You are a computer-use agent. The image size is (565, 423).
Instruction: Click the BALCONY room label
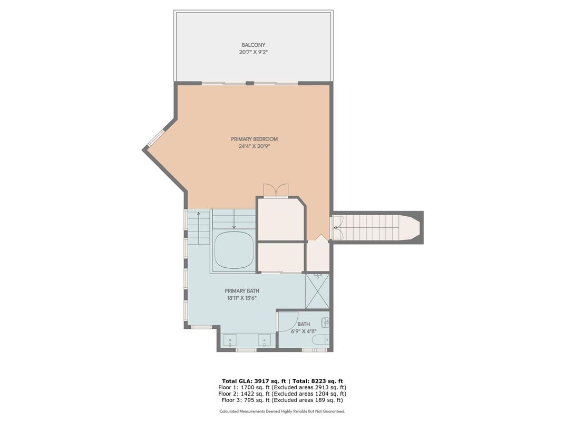click(254, 45)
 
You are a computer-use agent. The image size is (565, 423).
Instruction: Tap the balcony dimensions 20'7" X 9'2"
click(254, 52)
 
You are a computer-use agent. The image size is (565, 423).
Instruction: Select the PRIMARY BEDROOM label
click(255, 139)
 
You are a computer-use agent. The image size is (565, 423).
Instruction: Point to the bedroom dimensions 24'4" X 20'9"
click(255, 146)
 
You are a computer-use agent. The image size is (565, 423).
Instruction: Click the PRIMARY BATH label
click(242, 290)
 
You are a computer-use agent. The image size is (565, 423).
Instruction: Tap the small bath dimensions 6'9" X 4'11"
click(304, 331)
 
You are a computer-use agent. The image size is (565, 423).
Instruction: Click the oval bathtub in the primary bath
click(233, 250)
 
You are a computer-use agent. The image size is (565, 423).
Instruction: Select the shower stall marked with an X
click(317, 291)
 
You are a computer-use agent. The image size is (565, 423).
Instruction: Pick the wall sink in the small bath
click(326, 322)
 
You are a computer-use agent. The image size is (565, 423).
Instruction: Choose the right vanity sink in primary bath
click(265, 340)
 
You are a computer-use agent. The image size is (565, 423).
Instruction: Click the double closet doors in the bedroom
click(276, 190)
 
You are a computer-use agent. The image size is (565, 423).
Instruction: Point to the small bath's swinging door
click(278, 321)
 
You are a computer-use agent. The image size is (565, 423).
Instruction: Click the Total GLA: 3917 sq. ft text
click(254, 381)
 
